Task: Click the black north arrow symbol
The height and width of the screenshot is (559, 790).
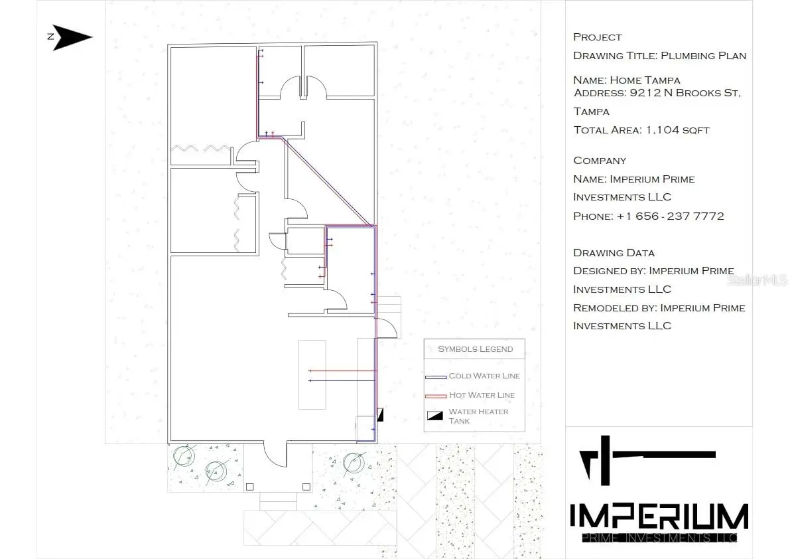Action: pos(70,37)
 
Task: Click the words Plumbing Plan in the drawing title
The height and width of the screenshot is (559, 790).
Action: pos(703,56)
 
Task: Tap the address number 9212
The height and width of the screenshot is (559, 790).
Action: pos(645,93)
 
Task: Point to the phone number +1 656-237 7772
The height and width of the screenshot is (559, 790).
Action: pos(670,216)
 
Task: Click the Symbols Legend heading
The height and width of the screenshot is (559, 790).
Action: pos(475,349)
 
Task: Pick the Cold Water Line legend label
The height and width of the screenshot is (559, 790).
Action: pos(484,376)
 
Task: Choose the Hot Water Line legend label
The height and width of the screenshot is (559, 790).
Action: pos(482,395)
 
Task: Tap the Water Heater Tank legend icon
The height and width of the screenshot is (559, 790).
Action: pos(435,416)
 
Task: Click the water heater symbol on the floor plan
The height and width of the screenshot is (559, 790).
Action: pos(381,415)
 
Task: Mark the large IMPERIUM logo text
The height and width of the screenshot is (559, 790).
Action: pos(659,516)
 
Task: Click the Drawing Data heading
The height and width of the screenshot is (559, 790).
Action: pos(614,253)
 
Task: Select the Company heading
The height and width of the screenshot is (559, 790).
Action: pos(600,161)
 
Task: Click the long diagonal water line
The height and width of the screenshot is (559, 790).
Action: pos(328,181)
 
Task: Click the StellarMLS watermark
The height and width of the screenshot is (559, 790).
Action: pos(757,279)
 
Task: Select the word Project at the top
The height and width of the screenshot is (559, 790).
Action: pos(598,37)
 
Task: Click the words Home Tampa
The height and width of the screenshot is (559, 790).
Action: pos(645,80)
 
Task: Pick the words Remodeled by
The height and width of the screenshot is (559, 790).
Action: pos(615,308)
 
